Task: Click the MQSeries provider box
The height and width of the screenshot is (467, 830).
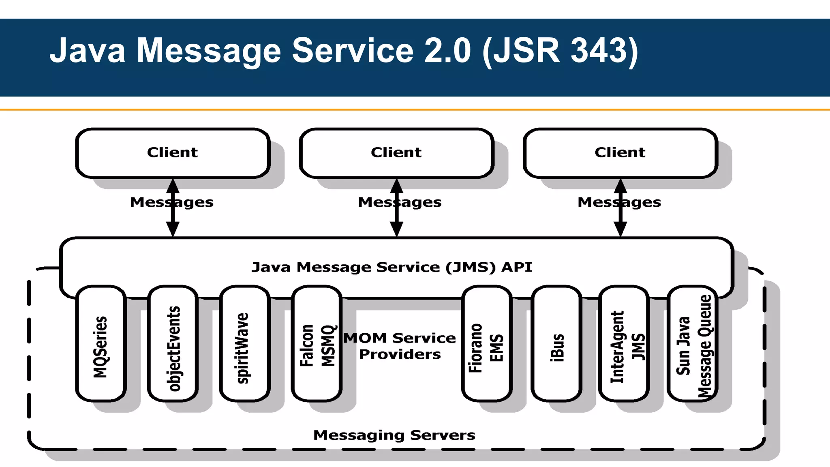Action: pos(101,344)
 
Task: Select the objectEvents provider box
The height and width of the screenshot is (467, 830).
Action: pos(173,344)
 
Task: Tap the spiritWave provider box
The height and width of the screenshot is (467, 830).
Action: pos(245,344)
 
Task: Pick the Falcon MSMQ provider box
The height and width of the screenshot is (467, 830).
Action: pos(317,344)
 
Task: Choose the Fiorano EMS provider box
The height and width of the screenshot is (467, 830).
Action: pos(486,344)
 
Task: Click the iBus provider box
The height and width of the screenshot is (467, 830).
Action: pos(557,344)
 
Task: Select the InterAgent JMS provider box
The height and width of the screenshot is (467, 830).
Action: pos(624,344)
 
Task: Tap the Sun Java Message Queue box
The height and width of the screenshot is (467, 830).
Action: pos(693,344)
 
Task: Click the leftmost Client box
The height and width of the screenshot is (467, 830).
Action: pos(173,153)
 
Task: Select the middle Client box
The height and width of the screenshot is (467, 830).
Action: pos(396,153)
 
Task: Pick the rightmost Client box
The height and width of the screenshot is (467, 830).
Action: pos(620,153)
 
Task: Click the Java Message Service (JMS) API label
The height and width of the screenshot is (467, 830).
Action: pos(391,267)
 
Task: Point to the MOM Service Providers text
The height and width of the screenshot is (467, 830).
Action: pos(400,346)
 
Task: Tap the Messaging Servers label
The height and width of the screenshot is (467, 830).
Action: pos(394,435)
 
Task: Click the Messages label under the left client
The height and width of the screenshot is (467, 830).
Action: pos(171,202)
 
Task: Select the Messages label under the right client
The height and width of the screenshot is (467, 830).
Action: pos(619,202)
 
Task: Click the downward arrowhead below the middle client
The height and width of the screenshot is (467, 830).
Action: pos(396,229)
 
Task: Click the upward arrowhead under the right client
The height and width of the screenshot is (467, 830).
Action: pos(620,186)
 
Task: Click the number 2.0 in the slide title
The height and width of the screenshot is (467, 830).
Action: pos(447,51)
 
